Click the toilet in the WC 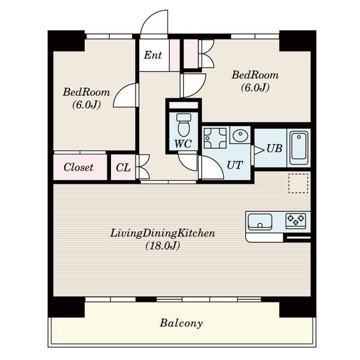(184, 125)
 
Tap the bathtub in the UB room (299, 148)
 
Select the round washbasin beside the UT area (240, 136)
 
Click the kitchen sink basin (260, 221)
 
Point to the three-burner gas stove (296, 221)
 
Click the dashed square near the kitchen (298, 183)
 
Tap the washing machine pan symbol (215, 138)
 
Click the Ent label (153, 55)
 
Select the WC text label (183, 144)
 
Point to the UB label (274, 149)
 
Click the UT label (235, 165)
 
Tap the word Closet (79, 167)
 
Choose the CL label (123, 167)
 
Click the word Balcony (181, 323)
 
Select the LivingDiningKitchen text (163, 233)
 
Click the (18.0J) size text (163, 246)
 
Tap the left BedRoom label (86, 92)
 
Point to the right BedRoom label (255, 75)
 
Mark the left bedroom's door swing (120, 91)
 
